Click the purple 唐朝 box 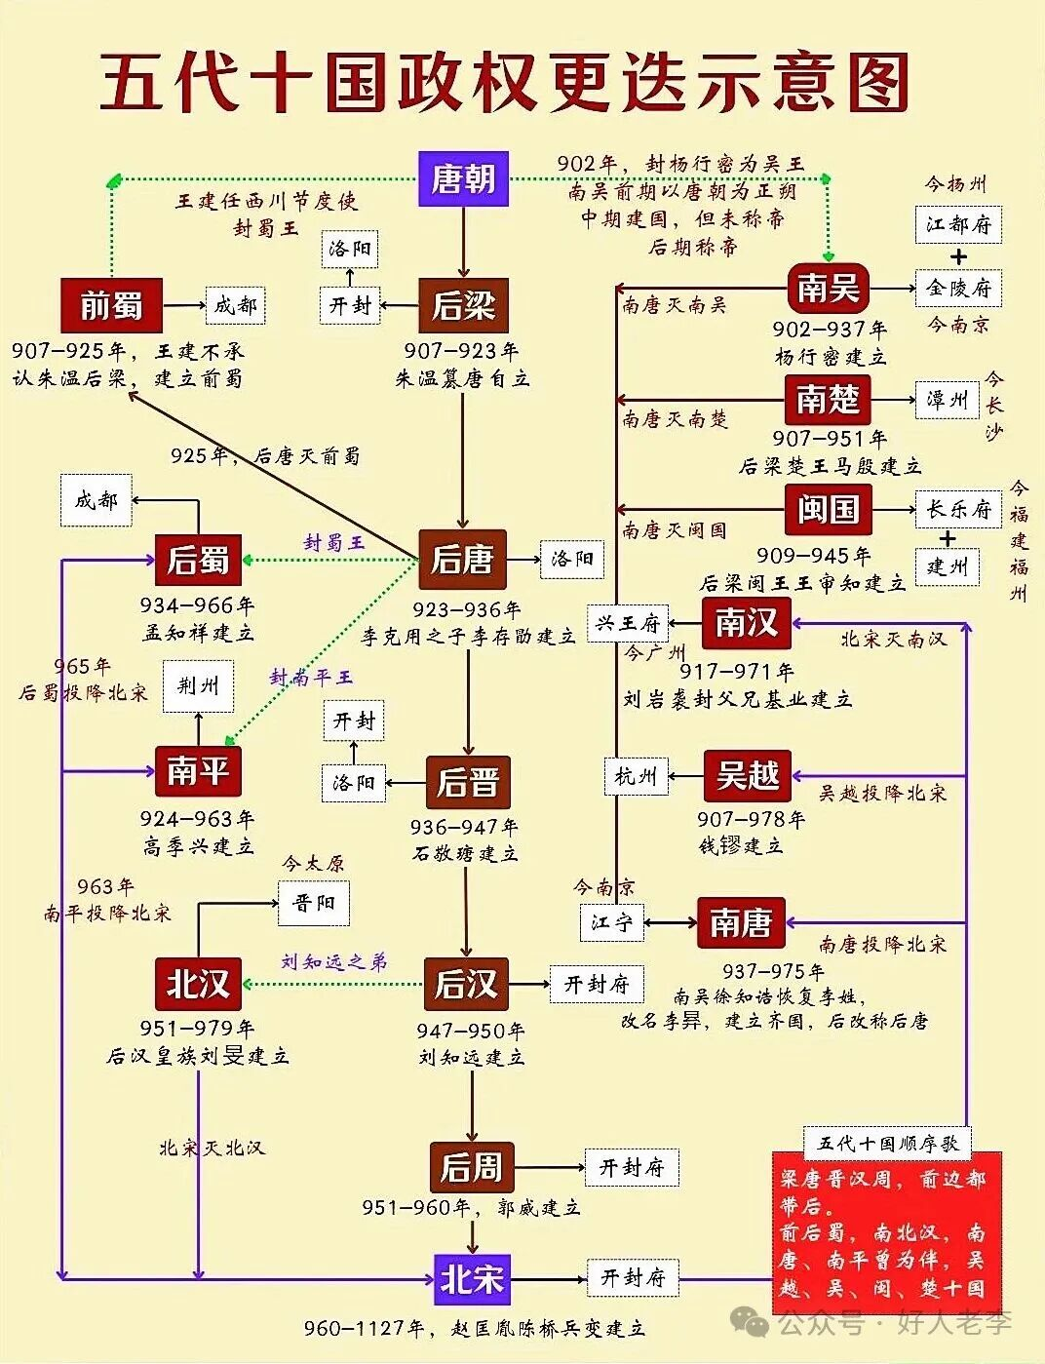pos(463,178)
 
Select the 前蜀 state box pos(111,305)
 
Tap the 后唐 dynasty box pos(462,560)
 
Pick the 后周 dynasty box pos(471,1166)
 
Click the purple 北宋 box pos(472,1278)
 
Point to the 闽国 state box pos(828,509)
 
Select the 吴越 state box pos(748,775)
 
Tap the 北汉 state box pos(198,984)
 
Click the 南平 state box pos(198,770)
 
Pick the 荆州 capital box pos(198,686)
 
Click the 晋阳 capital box pos(313,903)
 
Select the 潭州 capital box pos(947,399)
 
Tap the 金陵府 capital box pos(958,289)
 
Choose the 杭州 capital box pos(636,776)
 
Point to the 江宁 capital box pos(611,922)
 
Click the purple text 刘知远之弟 pos(333,961)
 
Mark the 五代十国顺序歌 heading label pos(887,1143)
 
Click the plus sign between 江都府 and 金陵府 pos(958,256)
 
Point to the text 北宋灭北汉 pos(212,1148)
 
